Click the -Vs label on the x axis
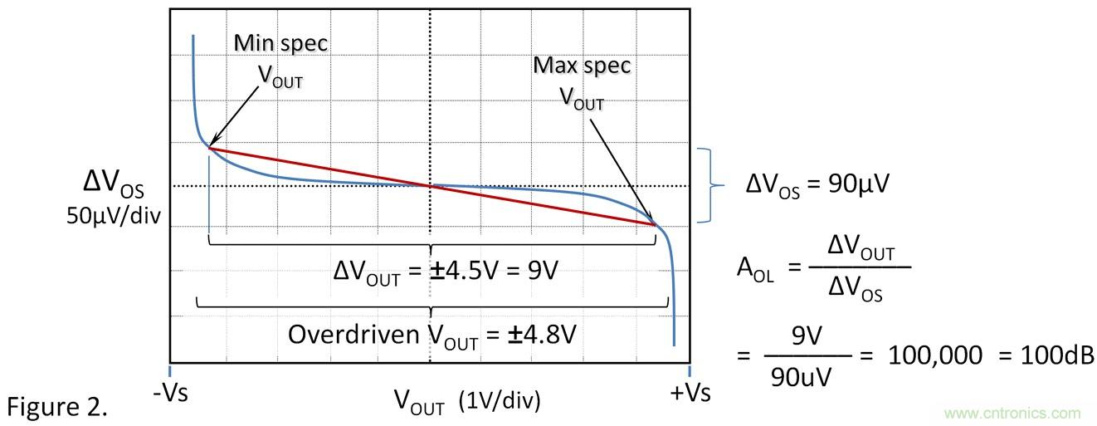tap(170, 392)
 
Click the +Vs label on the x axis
tap(690, 392)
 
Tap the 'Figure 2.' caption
tap(57, 407)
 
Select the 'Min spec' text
tap(280, 44)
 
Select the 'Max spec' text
tap(582, 66)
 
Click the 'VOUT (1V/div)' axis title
tap(467, 401)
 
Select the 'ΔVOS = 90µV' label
tap(817, 184)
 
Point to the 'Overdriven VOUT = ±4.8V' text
tap(431, 335)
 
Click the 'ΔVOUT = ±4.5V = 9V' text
tap(429, 272)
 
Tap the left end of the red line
tap(209, 148)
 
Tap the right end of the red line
tap(655, 224)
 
